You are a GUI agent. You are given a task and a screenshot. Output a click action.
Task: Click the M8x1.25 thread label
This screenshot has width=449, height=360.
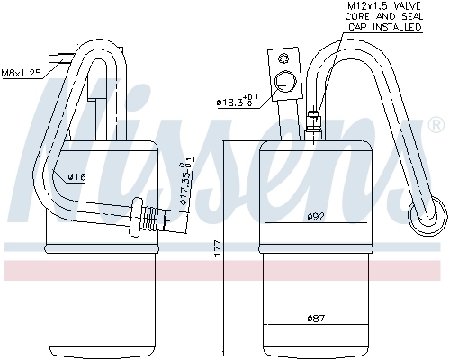[21, 72]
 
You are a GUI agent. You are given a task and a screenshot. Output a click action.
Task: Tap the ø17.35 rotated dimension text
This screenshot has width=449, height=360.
[184, 185]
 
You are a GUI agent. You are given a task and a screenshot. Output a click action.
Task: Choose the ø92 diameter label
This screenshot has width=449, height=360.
[315, 216]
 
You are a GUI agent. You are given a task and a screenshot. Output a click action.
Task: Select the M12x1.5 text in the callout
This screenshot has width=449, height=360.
[366, 6]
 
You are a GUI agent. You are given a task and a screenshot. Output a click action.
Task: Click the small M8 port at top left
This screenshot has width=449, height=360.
[62, 58]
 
